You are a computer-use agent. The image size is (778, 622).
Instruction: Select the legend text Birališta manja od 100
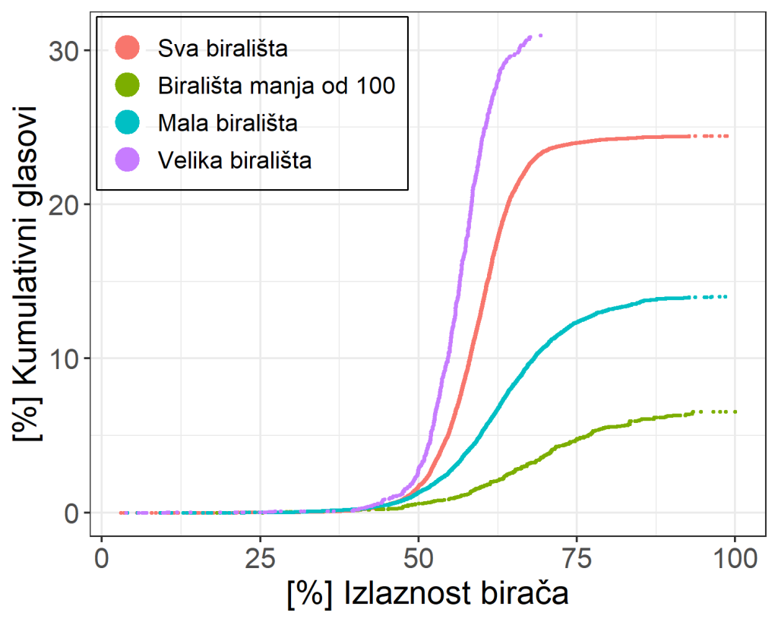pyautogui.click(x=277, y=86)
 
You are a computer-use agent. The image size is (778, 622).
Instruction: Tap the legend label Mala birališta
pyautogui.click(x=228, y=122)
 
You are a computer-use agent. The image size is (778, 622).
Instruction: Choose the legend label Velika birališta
pyautogui.click(x=235, y=159)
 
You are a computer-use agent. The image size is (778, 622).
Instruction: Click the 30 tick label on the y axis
pyautogui.click(x=64, y=51)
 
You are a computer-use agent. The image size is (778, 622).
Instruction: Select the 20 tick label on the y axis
pyautogui.click(x=64, y=205)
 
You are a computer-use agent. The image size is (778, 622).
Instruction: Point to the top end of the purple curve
pyautogui.click(x=539, y=36)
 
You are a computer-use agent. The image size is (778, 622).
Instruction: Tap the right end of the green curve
pyautogui.click(x=735, y=412)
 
